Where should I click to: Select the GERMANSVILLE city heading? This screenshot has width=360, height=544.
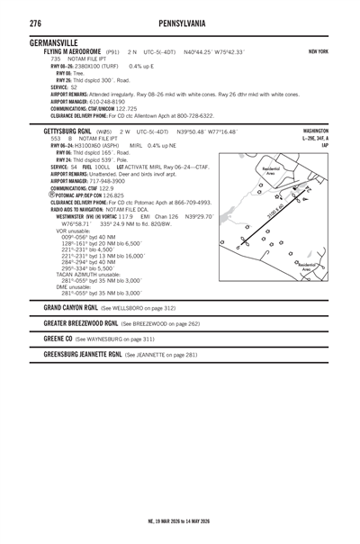pos(60,42)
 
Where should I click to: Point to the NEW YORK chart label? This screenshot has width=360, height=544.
pos(317,52)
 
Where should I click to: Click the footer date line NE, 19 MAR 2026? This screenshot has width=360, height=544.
pos(180,521)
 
